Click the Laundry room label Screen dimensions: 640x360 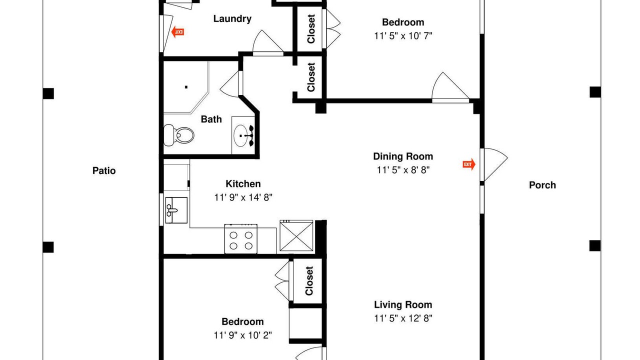pyautogui.click(x=232, y=19)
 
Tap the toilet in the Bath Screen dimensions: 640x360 pyautogui.click(x=179, y=135)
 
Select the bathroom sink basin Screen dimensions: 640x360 pyautogui.click(x=240, y=135)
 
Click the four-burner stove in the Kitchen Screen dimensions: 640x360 pyautogui.click(x=241, y=239)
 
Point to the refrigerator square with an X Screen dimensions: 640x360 pyautogui.click(x=296, y=235)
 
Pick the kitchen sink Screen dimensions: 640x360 pyautogui.click(x=176, y=210)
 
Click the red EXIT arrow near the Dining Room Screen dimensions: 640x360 pyautogui.click(x=469, y=164)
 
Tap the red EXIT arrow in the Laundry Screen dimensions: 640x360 pyautogui.click(x=177, y=31)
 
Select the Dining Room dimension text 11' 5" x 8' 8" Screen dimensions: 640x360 pyautogui.click(x=403, y=170)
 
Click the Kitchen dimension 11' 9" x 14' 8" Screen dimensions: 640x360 pyautogui.click(x=243, y=197)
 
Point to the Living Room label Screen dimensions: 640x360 pyautogui.click(x=403, y=304)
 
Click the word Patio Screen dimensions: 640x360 pyautogui.click(x=104, y=170)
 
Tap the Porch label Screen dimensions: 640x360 pyautogui.click(x=542, y=185)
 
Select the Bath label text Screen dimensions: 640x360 pyautogui.click(x=211, y=119)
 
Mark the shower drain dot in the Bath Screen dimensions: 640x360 pyautogui.click(x=186, y=87)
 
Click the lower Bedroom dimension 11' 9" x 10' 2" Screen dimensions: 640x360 pyautogui.click(x=242, y=335)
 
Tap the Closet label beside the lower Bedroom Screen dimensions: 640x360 pyautogui.click(x=309, y=281)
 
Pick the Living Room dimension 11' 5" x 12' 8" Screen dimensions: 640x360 pyautogui.click(x=403, y=318)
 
